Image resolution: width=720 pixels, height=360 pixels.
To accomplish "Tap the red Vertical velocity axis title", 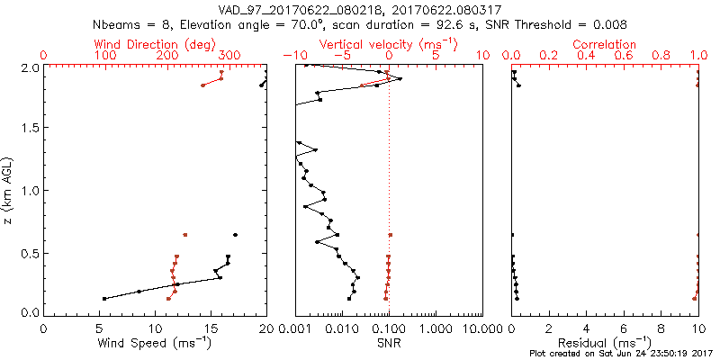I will coord(388,44).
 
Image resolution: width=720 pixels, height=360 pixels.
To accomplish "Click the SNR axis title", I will coord(388,342).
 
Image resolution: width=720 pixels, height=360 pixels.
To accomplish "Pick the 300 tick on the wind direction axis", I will coord(229,56).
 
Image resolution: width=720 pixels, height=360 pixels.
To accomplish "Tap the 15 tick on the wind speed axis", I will coord(211,329).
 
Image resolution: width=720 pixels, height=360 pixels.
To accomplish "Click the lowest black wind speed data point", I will coord(104,298).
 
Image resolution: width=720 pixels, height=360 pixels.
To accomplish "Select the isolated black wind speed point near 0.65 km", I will coord(235,235).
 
